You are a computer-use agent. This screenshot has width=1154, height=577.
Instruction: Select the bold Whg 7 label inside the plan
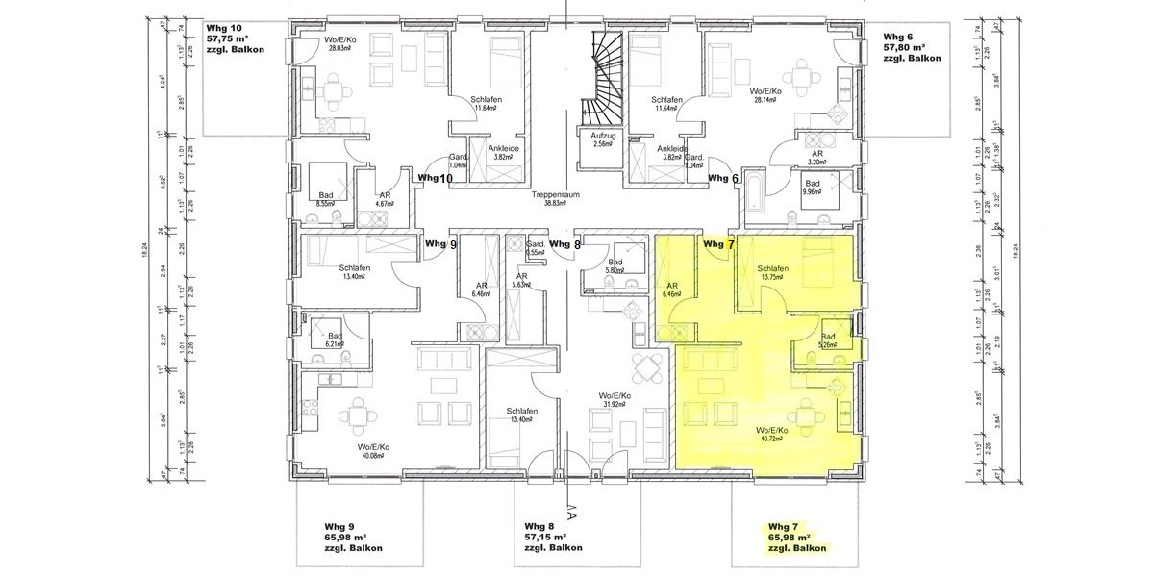click(718, 244)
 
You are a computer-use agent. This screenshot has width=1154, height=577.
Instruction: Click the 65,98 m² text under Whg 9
click(341, 538)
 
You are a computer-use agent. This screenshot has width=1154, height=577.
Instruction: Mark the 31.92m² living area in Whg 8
click(614, 403)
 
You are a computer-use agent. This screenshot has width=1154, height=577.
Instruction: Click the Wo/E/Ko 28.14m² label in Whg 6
click(769, 96)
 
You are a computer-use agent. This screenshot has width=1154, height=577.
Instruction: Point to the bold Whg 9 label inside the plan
click(440, 244)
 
